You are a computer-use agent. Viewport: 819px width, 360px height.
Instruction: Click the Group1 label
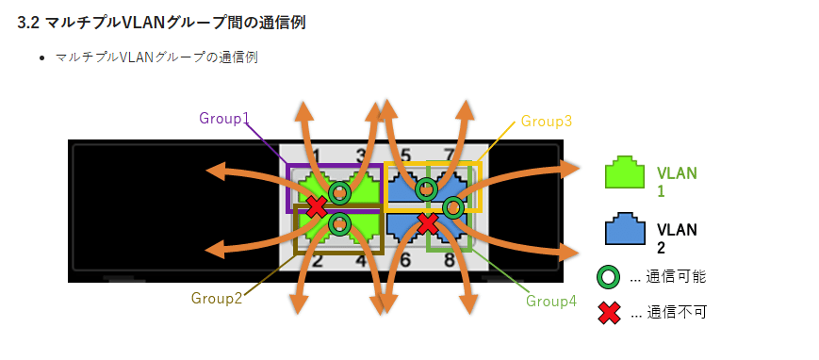(224, 119)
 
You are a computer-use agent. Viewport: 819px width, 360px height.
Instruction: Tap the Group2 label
(217, 298)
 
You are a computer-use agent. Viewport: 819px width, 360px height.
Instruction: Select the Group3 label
(547, 122)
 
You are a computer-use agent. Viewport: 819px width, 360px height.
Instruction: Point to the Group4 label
(551, 301)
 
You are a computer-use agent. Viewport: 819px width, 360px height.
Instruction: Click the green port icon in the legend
(624, 175)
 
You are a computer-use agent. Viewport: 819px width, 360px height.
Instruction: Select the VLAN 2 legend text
(675, 237)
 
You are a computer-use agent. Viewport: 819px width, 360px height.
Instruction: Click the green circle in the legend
(610, 277)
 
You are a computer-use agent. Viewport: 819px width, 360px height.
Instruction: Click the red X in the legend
(610, 312)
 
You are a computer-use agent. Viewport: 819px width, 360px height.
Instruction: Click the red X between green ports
(317, 205)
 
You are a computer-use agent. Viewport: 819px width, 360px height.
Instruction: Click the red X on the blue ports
(428, 223)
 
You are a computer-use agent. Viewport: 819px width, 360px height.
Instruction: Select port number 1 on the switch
(317, 155)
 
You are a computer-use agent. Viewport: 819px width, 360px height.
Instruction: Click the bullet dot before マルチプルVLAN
(42, 58)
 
